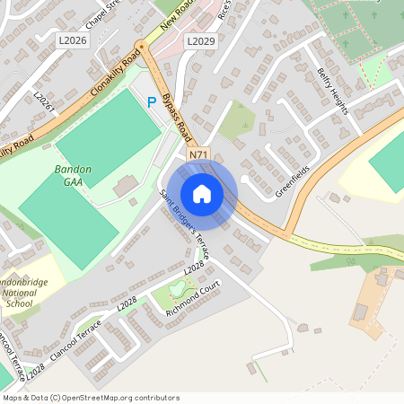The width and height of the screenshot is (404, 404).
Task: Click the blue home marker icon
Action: click(202, 194)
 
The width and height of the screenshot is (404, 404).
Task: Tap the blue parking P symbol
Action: click(152, 102)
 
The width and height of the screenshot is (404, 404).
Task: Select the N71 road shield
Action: click(198, 154)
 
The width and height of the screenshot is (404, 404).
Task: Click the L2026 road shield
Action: click(72, 40)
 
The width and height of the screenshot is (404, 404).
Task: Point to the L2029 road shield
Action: click(200, 41)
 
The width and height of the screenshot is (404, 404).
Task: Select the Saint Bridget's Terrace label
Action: click(184, 225)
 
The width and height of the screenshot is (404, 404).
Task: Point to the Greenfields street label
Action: click(293, 180)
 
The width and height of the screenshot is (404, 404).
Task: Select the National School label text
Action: click(20, 297)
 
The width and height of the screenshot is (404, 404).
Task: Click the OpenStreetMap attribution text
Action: click(91, 397)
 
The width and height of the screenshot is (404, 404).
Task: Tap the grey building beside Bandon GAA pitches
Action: click(125, 185)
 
